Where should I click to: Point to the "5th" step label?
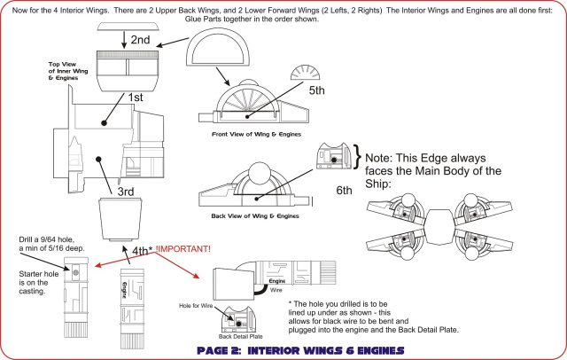click(318, 90)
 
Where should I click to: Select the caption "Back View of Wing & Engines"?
click(252, 216)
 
